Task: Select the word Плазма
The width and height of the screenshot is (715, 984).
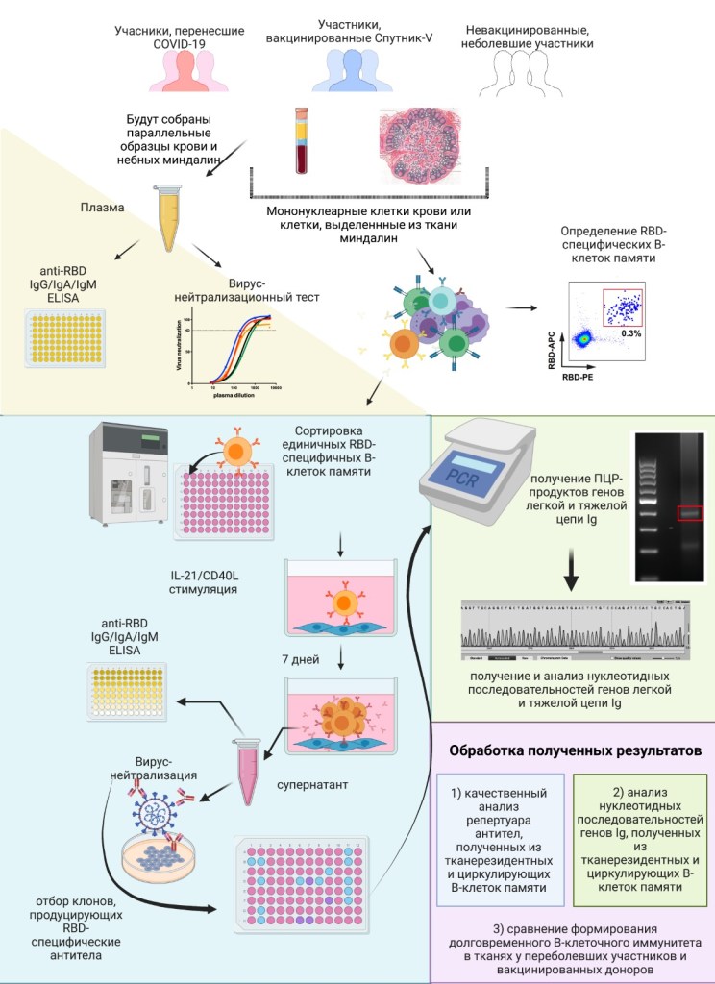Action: [102, 206]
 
